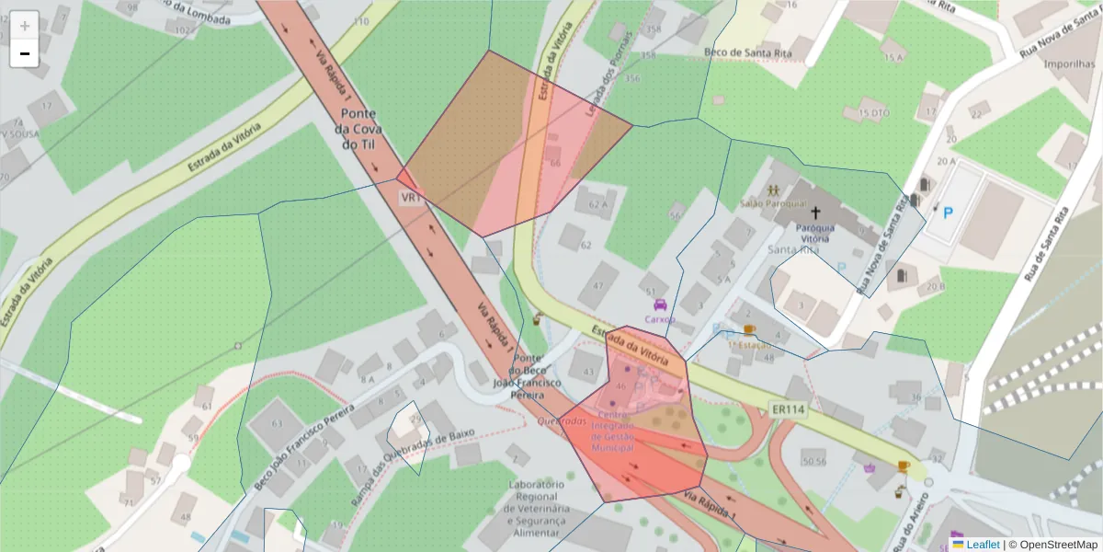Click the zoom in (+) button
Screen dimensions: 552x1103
[x=24, y=25]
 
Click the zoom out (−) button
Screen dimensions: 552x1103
[x=24, y=53]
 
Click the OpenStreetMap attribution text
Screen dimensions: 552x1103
[x=1057, y=545]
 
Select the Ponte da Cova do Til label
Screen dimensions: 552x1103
[x=361, y=130]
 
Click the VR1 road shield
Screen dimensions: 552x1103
[x=410, y=197]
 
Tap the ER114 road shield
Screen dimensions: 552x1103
[x=786, y=409]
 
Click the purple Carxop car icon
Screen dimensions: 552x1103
[x=659, y=305]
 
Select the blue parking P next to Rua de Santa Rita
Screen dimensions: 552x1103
[x=949, y=213]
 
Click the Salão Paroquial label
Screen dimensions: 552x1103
[x=773, y=202]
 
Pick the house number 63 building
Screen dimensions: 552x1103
[x=278, y=424]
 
